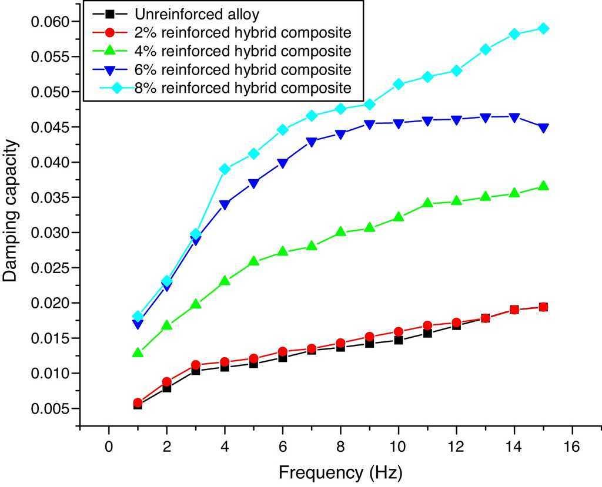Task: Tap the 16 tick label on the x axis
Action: pyautogui.click(x=571, y=446)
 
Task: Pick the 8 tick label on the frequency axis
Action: pyautogui.click(x=340, y=446)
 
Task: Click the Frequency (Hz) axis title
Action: pyautogui.click(x=340, y=472)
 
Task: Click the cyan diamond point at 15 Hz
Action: pyautogui.click(x=543, y=28)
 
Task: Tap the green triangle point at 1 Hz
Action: pyautogui.click(x=138, y=352)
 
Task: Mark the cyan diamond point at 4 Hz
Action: pyautogui.click(x=225, y=169)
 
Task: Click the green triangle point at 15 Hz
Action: pyautogui.click(x=543, y=186)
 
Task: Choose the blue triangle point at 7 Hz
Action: pyautogui.click(x=312, y=142)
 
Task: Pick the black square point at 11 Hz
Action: pyautogui.click(x=427, y=333)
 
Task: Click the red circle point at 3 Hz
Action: pyautogui.click(x=196, y=365)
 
